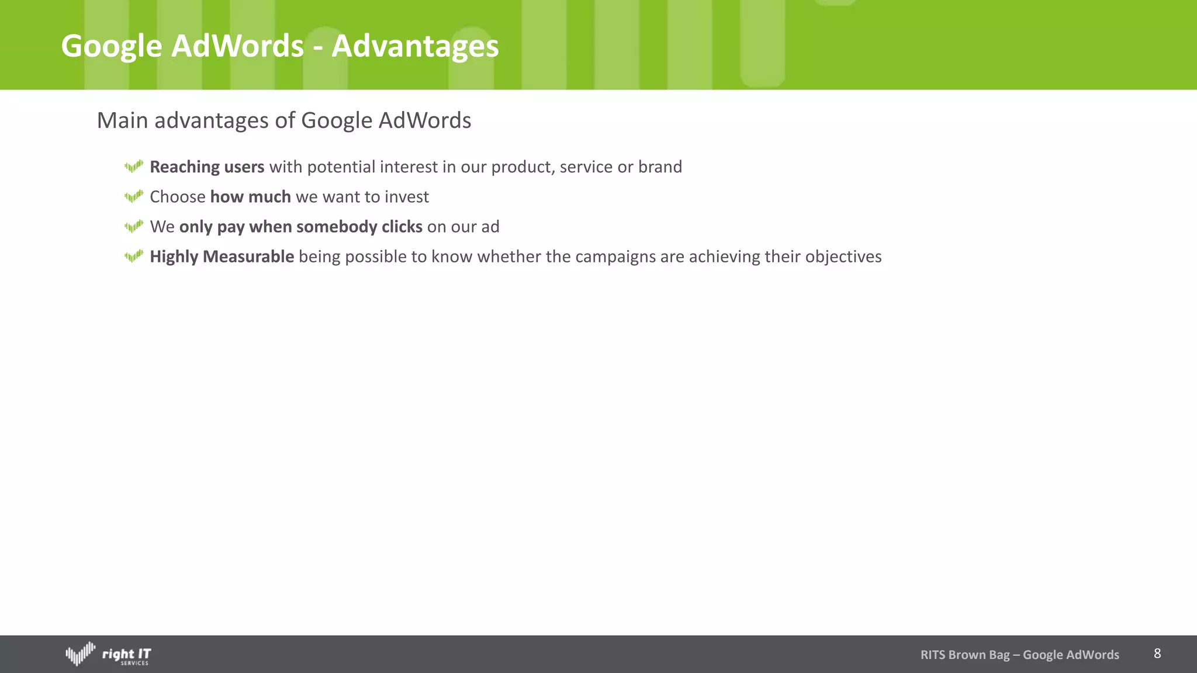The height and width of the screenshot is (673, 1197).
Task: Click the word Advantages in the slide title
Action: point(415,46)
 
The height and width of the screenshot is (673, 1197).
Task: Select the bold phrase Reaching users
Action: point(207,167)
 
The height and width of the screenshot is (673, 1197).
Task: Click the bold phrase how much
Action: point(250,197)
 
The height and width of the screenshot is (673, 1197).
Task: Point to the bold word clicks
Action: point(402,227)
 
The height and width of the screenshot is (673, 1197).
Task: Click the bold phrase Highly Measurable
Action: point(222,256)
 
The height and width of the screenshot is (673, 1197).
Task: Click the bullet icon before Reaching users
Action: point(134,167)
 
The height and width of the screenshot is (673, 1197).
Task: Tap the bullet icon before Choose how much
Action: point(134,197)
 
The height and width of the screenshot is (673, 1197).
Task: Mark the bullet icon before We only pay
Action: point(134,227)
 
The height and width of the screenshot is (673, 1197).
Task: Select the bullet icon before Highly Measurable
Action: point(134,256)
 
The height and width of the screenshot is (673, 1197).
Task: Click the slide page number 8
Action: point(1157,654)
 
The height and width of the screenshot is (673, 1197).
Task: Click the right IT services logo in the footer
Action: point(108,654)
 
